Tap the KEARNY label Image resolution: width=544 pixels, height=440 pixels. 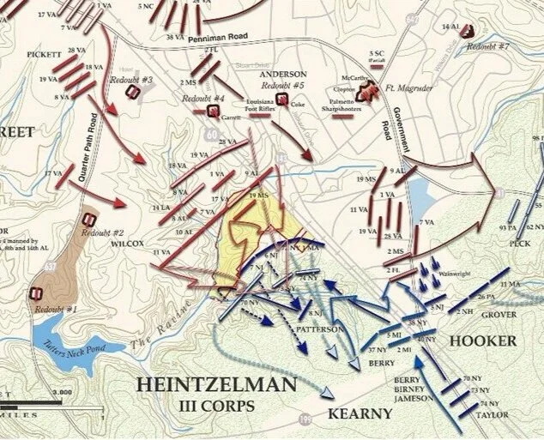(x=360, y=413)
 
